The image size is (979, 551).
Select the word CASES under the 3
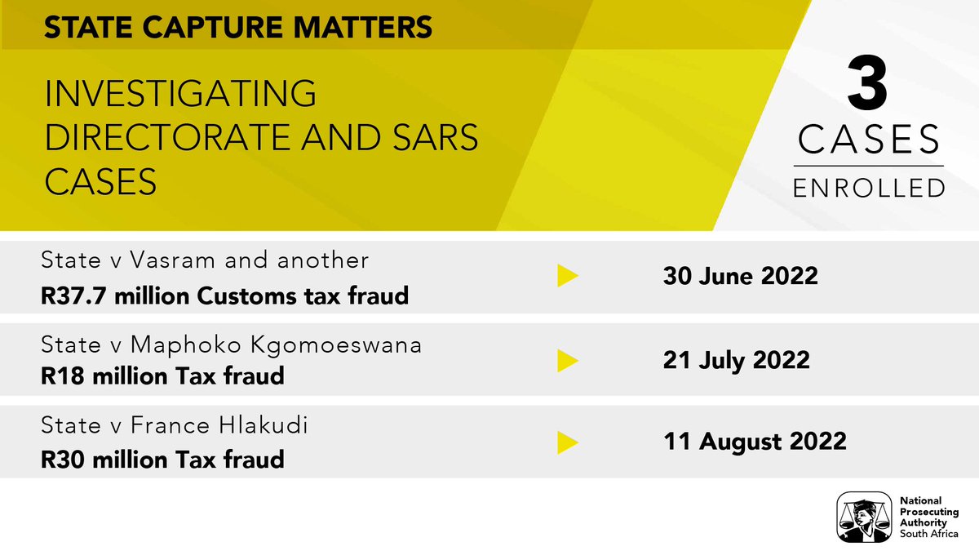pos(870,140)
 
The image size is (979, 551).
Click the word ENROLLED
pos(870,187)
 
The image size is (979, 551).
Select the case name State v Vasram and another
pos(205,260)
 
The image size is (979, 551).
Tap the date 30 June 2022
pos(739,276)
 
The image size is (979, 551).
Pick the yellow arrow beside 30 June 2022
pos(568,276)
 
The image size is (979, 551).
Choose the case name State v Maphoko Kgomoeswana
pos(232,344)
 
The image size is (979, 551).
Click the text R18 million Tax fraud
pos(162,375)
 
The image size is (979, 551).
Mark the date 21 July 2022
pos(735,360)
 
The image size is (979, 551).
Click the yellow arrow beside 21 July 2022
pos(568,360)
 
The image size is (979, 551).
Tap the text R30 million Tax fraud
pos(162,459)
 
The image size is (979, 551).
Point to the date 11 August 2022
pos(754,442)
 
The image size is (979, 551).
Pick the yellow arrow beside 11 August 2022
pos(568,442)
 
